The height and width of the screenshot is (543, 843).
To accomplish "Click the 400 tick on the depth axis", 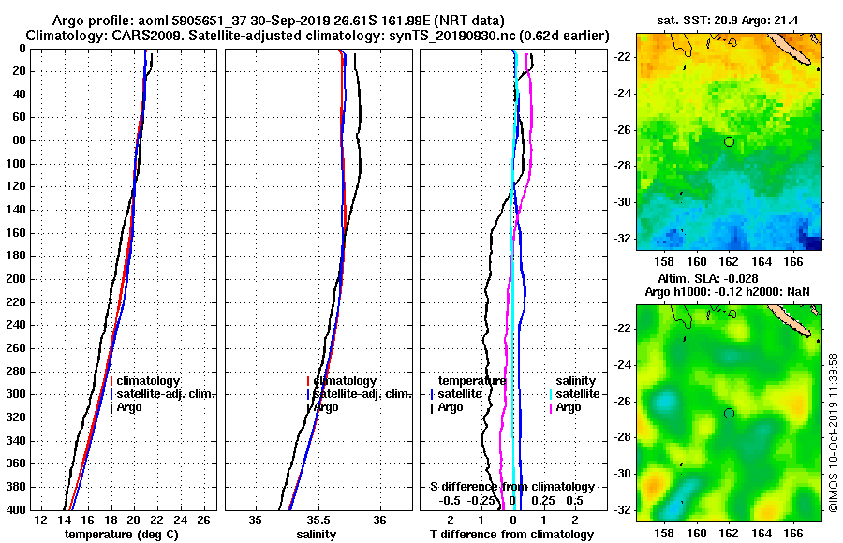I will [x=15, y=509].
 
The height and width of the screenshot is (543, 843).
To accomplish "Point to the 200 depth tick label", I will [x=15, y=279].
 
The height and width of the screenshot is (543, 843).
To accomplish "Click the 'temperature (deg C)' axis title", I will [x=121, y=534].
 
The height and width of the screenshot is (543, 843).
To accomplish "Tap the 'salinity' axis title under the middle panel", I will [x=317, y=534].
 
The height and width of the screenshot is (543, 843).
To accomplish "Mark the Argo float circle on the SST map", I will [x=729, y=141].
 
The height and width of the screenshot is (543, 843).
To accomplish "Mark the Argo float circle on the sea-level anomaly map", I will [x=729, y=413].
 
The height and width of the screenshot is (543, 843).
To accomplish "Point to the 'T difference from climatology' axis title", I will [x=512, y=534].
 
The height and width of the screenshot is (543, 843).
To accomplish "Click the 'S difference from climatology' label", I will [x=512, y=487].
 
